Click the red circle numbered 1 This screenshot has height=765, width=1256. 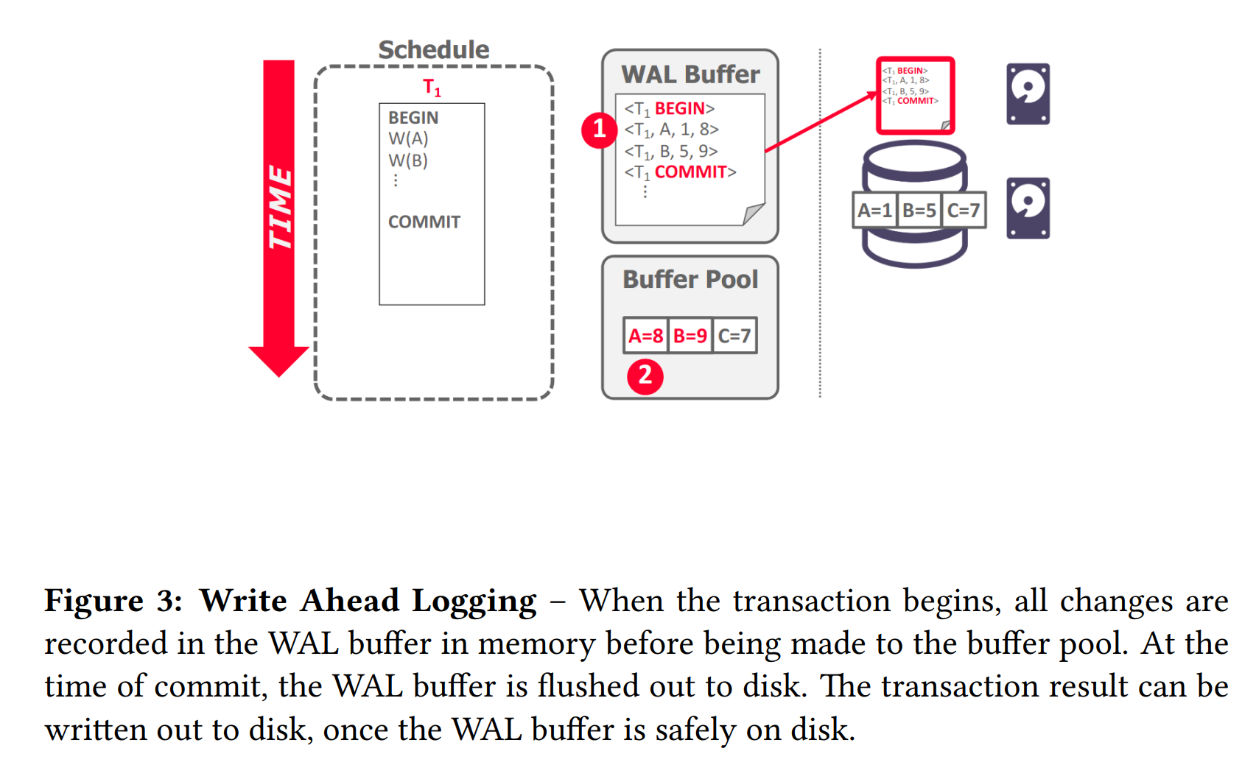click(x=599, y=130)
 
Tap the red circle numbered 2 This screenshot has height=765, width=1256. click(x=645, y=376)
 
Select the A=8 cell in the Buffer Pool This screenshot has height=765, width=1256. click(x=645, y=336)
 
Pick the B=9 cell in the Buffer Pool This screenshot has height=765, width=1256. click(x=690, y=336)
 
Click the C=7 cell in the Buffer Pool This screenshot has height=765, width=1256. click(x=734, y=336)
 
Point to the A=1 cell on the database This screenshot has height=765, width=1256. click(x=874, y=211)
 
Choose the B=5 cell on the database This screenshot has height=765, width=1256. click(x=919, y=211)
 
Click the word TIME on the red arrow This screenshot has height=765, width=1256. click(x=280, y=208)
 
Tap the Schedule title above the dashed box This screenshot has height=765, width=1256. click(x=433, y=50)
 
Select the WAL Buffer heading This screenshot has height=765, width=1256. click(x=690, y=74)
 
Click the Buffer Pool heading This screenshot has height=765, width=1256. click(x=690, y=280)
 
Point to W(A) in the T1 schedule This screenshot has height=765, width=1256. click(x=408, y=138)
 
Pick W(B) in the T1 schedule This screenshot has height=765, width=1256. click(x=408, y=161)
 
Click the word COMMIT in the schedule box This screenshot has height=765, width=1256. click(x=424, y=222)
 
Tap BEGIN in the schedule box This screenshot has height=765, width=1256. click(x=413, y=118)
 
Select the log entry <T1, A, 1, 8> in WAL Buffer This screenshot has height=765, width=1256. click(x=672, y=130)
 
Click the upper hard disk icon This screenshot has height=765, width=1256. click(x=1028, y=94)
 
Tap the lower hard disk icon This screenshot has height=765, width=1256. click(x=1028, y=208)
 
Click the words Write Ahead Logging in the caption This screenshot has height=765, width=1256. click(x=368, y=601)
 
